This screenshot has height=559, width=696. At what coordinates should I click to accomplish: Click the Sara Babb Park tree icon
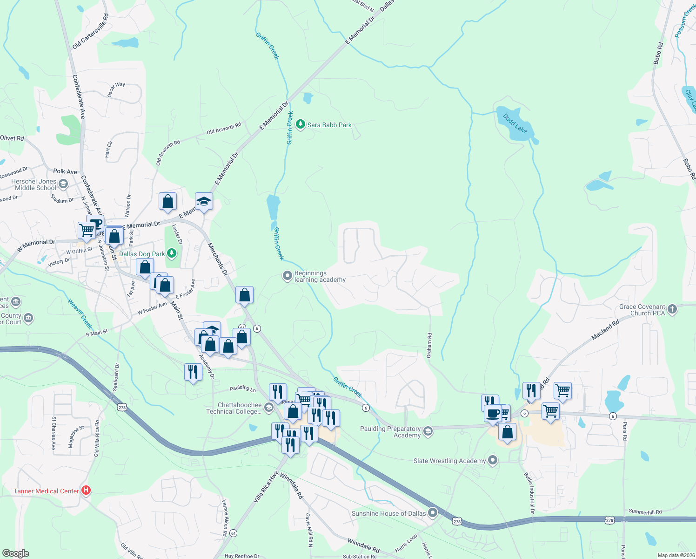(301, 124)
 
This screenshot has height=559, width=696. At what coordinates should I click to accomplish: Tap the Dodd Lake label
(515, 123)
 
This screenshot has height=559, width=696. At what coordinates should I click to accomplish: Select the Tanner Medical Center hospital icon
(86, 491)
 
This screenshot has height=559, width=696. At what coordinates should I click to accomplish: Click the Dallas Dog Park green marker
(172, 253)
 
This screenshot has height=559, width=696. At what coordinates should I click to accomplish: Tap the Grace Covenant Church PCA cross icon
(672, 309)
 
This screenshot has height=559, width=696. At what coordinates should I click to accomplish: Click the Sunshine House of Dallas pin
(433, 513)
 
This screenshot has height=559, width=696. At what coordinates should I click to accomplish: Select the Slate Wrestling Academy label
(449, 461)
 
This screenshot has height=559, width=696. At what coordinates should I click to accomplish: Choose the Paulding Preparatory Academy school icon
(428, 431)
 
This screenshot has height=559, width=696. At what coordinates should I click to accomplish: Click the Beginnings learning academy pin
(288, 276)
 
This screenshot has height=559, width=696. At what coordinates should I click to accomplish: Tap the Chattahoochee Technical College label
(234, 408)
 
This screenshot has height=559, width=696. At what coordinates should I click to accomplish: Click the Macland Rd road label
(605, 330)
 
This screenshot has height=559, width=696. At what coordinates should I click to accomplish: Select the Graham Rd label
(429, 345)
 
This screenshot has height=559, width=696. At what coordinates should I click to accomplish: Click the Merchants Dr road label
(217, 259)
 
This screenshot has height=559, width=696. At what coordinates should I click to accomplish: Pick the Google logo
(16, 553)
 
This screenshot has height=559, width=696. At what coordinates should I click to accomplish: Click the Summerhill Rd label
(645, 511)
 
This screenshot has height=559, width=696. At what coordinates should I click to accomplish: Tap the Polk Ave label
(65, 171)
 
